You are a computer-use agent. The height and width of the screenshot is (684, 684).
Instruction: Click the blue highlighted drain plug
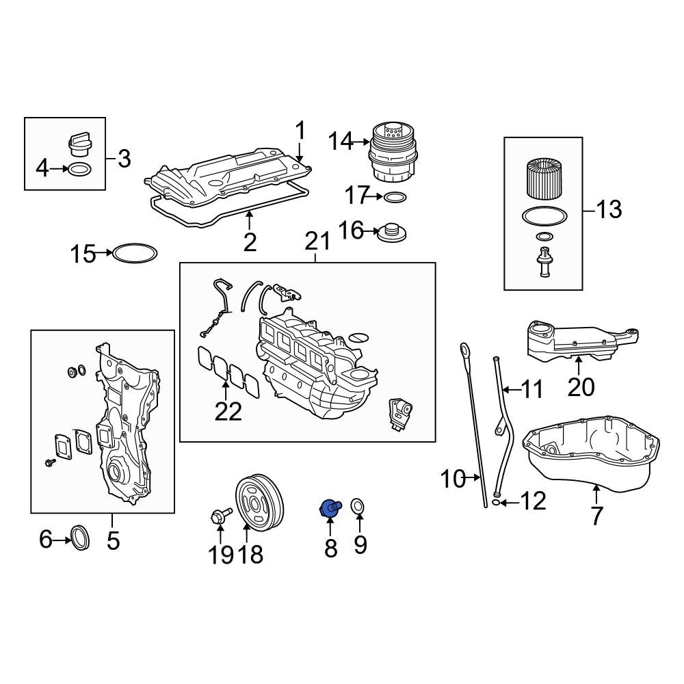point(330,509)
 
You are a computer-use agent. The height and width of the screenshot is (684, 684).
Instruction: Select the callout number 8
point(331,547)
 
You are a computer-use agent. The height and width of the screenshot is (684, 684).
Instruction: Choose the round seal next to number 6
point(80,538)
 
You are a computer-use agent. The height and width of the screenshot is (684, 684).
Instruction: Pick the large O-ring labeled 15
point(135,254)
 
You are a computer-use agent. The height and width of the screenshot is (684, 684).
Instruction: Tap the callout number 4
point(42,168)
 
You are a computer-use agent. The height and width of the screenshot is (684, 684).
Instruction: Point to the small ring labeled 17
point(395,198)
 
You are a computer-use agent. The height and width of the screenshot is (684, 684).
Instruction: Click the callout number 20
point(581,387)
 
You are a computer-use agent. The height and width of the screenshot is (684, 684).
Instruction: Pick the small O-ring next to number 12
point(495,503)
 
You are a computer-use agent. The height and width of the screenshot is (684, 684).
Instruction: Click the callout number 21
point(317,241)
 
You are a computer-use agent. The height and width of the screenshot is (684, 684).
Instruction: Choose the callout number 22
point(228,411)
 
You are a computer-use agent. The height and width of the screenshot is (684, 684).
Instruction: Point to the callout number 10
point(453,479)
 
